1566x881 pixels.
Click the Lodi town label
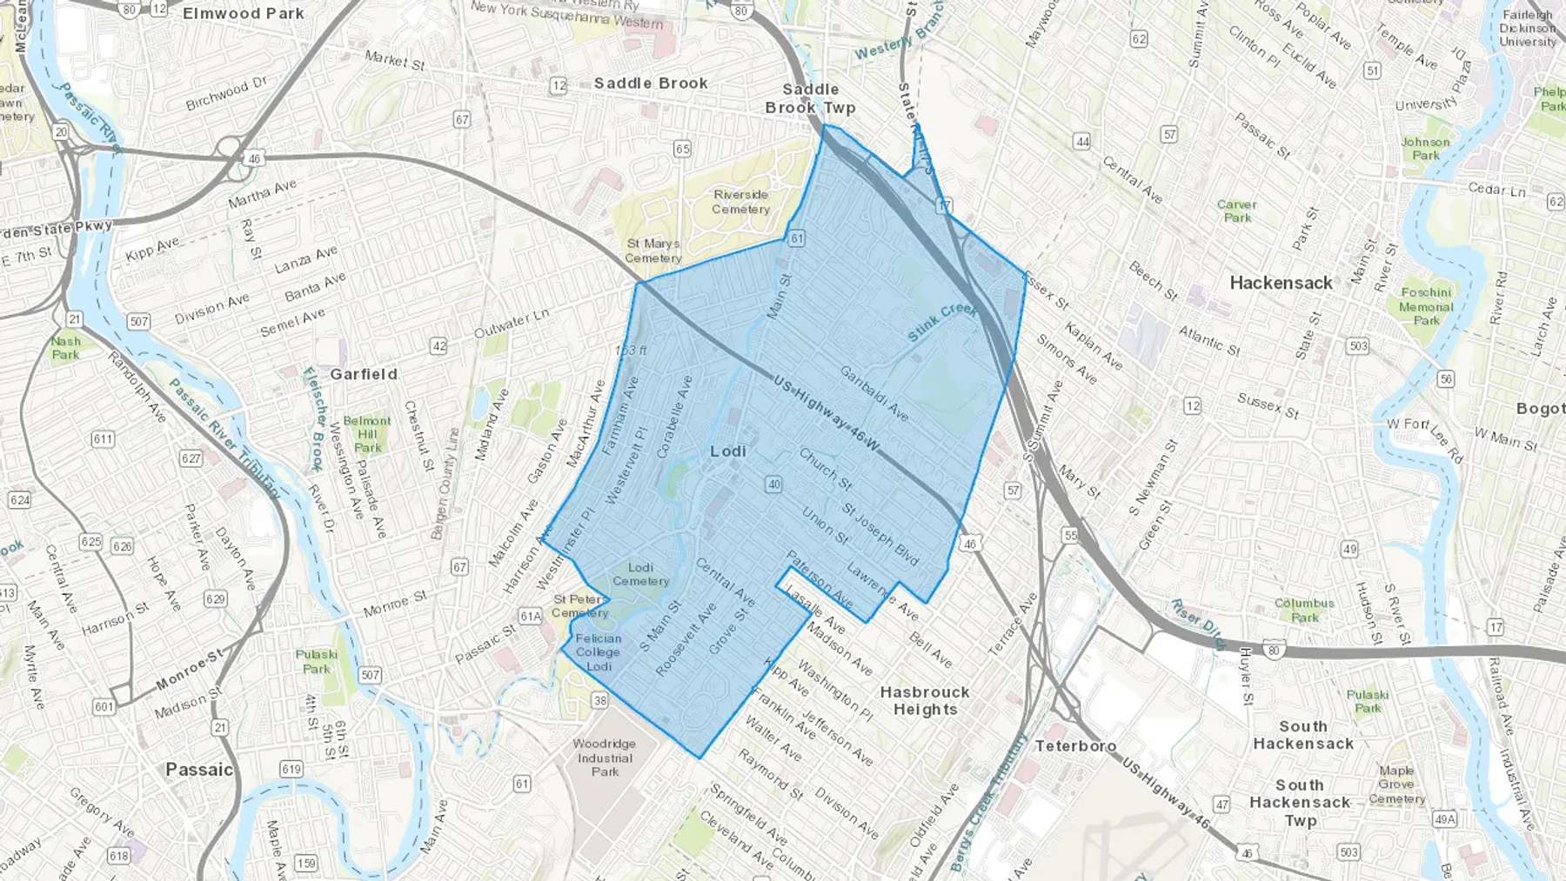[728, 451]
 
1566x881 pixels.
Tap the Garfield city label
[364, 374]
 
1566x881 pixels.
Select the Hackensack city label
[1281, 283]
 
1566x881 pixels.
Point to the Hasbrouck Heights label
[924, 700]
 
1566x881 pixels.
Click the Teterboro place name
[1075, 746]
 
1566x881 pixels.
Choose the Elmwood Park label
[244, 13]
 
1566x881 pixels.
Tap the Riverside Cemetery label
[740, 202]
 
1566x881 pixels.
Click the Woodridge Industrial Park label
[605, 758]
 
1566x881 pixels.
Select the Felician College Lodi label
[598, 652]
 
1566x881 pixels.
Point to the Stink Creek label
[942, 322]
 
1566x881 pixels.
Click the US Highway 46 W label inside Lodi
[826, 414]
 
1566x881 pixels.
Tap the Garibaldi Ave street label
[873, 393]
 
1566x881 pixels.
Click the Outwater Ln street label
[512, 324]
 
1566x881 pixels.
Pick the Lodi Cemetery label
[640, 574]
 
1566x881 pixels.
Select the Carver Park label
[1236, 211]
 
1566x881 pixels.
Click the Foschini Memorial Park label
[1426, 306]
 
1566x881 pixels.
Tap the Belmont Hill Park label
[367, 434]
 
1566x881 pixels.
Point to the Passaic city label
[199, 770]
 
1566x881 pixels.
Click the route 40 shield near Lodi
[773, 484]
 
